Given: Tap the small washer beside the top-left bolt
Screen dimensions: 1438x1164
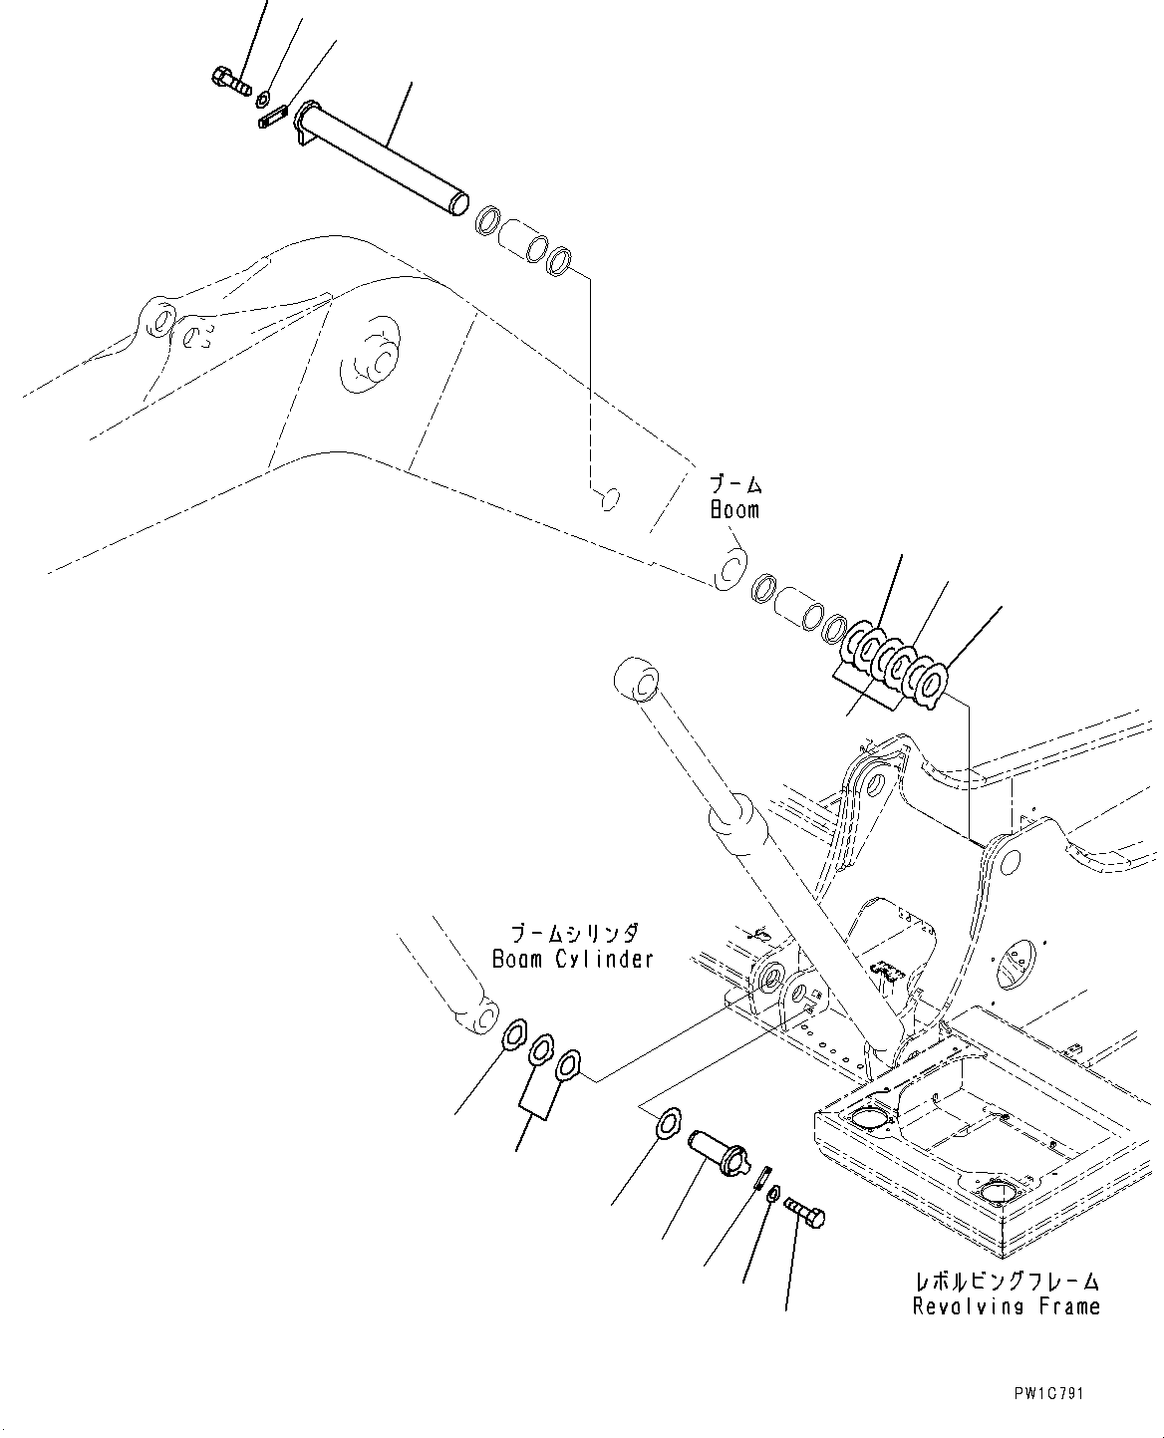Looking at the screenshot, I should pyautogui.click(x=263, y=99).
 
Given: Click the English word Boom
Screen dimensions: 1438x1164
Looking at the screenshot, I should pyautogui.click(x=734, y=510).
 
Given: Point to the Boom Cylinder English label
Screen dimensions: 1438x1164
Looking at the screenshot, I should pyautogui.click(x=573, y=959).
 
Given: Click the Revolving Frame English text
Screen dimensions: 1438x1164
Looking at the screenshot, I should pyautogui.click(x=1007, y=1305).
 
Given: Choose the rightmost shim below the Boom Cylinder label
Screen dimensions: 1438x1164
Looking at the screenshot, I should pyautogui.click(x=569, y=1066).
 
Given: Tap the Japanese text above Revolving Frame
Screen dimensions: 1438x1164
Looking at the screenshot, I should pyautogui.click(x=1007, y=1281).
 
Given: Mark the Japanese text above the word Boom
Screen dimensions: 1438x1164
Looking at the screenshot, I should pyautogui.click(x=735, y=485).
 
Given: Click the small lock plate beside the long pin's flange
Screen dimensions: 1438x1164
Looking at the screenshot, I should pyautogui.click(x=272, y=119).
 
